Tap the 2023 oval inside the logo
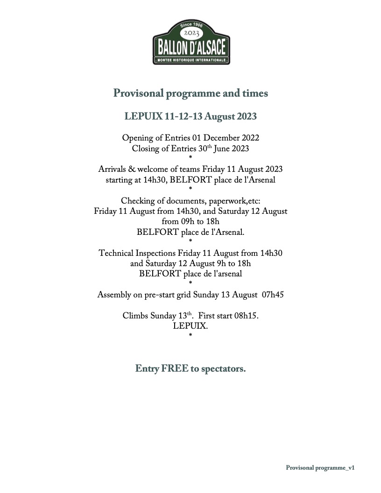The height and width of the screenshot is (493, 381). [191, 34]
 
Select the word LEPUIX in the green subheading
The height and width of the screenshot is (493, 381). [143, 116]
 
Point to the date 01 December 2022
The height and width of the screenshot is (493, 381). [226, 138]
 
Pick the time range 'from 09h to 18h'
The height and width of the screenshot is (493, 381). [190, 221]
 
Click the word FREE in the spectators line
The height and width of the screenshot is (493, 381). [175, 369]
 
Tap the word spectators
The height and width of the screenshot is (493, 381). [223, 369]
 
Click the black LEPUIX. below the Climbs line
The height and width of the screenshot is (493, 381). [190, 326]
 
